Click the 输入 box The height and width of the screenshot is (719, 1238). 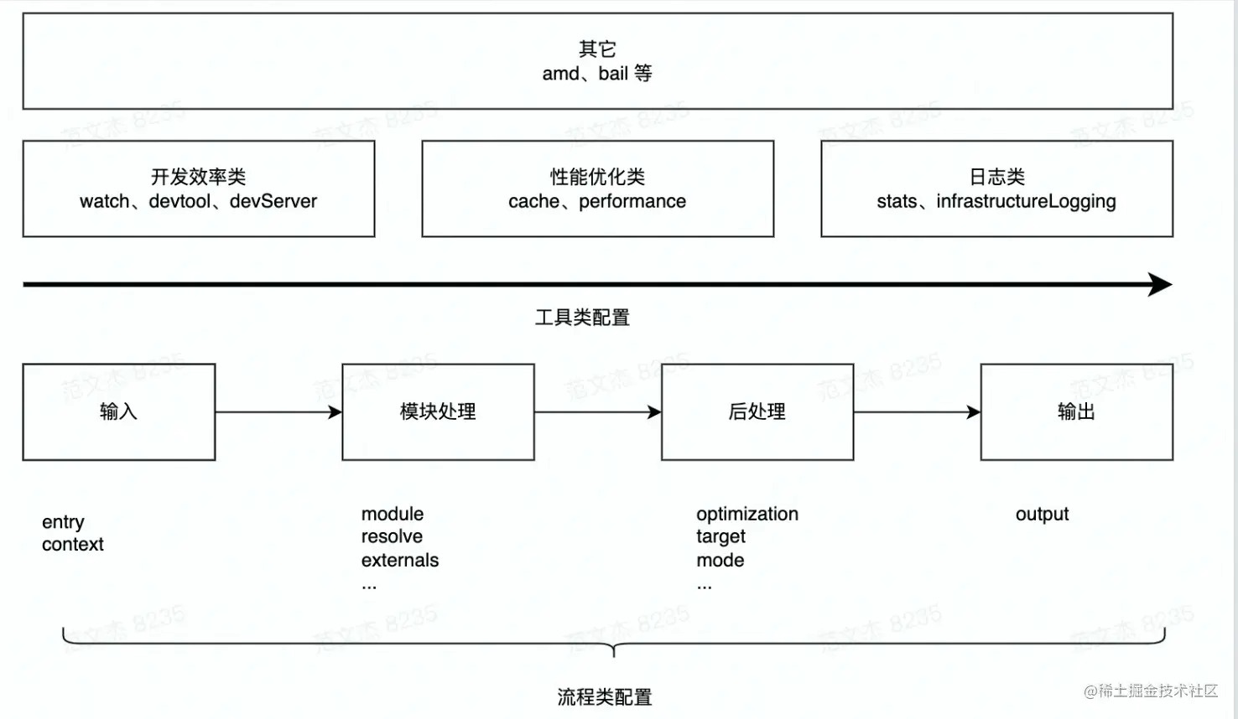118,411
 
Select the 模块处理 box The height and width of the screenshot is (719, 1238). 438,411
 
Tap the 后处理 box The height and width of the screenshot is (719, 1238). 757,411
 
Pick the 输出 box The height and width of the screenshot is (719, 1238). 1076,411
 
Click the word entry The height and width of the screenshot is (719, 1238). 63,522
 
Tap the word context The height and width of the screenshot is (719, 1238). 73,545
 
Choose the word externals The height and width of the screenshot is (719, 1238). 400,560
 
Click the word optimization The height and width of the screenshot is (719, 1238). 747,514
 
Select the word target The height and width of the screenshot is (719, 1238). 720,536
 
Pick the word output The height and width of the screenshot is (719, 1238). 1042,514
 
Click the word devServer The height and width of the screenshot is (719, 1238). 273,201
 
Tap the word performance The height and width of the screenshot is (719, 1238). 632,201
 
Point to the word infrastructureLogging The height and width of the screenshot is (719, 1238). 1026,201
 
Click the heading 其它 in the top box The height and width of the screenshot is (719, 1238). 597,49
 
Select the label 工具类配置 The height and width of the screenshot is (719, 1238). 582,318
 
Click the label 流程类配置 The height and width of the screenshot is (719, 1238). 605,697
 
